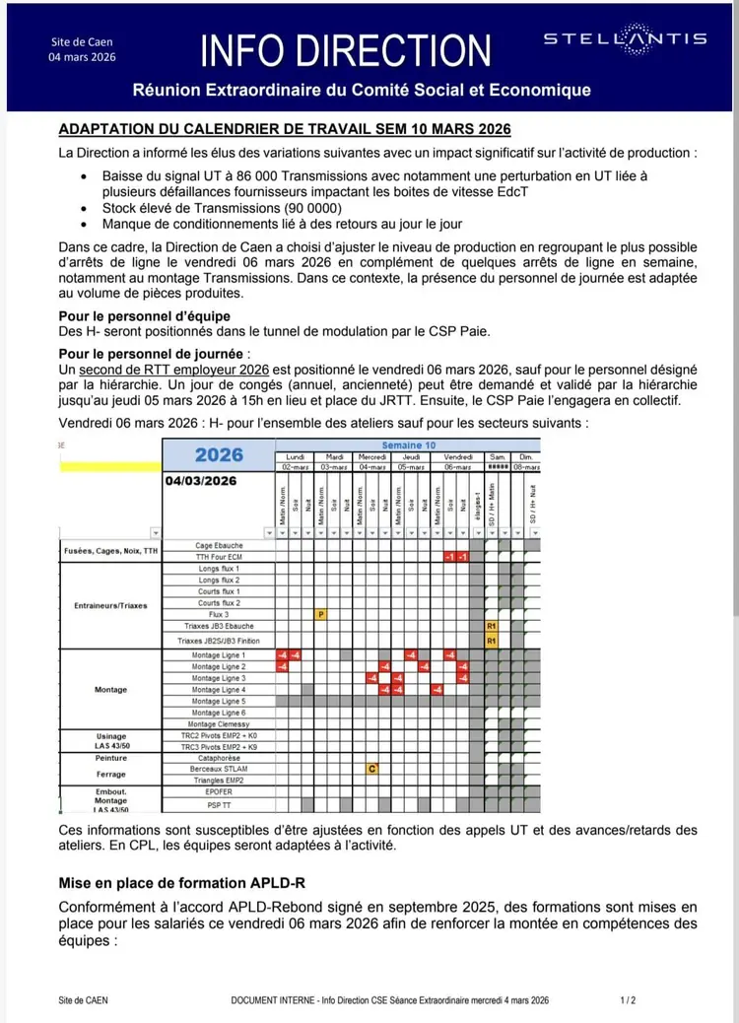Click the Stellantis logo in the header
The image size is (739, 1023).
tap(625, 38)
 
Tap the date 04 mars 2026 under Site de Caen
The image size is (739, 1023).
tap(82, 57)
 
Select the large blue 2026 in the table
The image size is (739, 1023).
tap(219, 455)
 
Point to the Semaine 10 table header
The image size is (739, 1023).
tap(408, 445)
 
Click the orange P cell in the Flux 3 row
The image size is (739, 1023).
tap(321, 614)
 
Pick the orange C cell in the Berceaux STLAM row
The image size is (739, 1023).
tap(372, 769)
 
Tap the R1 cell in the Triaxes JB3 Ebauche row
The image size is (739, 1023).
tap(490, 626)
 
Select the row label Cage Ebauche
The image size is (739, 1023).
tap(219, 545)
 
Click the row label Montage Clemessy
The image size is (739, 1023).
tap(219, 724)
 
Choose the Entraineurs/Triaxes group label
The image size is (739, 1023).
tap(111, 605)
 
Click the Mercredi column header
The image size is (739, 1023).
tap(372, 457)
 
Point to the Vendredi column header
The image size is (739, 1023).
tap(457, 457)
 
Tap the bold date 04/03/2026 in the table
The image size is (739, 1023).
tap(201, 481)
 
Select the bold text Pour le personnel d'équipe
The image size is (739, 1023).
tap(144, 316)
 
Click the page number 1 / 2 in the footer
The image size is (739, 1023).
tap(628, 1000)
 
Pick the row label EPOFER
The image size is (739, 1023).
tap(219, 791)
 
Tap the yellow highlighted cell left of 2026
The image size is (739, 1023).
tap(111, 463)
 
